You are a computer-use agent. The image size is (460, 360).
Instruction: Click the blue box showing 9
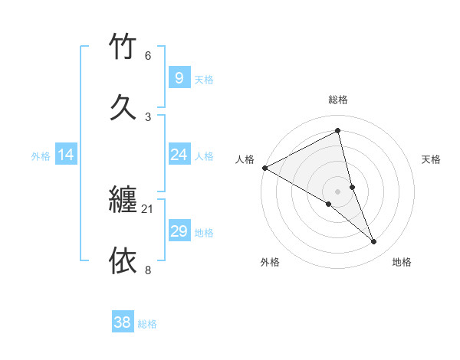[179, 77]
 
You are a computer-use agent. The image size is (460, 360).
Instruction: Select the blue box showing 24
[179, 155]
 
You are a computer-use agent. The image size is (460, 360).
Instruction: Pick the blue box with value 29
[179, 231]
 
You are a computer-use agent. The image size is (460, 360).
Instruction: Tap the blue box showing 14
[66, 155]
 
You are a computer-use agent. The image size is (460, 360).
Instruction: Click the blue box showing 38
[123, 322]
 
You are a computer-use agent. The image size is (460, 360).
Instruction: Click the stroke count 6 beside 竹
[148, 56]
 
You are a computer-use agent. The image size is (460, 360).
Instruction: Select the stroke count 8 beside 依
[148, 270]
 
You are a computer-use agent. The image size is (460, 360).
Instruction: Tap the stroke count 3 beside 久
[148, 116]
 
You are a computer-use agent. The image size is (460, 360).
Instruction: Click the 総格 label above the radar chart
[338, 100]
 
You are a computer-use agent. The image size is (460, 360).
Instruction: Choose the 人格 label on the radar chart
[245, 159]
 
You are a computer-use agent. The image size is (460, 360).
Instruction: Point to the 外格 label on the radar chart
[270, 262]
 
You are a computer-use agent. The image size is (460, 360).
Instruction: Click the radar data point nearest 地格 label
[374, 242]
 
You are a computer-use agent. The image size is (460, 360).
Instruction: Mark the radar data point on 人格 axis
[264, 168]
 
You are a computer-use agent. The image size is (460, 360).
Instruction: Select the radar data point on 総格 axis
[338, 131]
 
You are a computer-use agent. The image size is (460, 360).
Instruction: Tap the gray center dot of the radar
[338, 191]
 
